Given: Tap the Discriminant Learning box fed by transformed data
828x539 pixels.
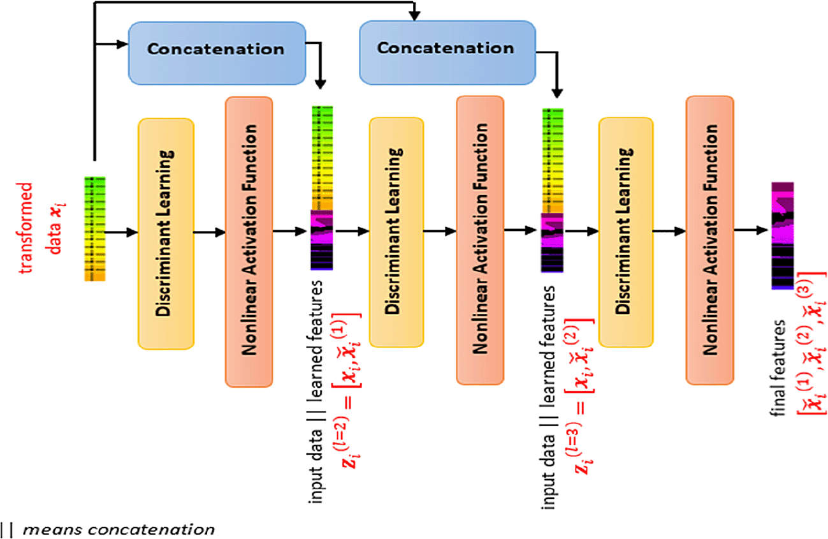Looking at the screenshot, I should [166, 233].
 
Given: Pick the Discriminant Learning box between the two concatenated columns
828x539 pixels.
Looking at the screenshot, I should [396, 232].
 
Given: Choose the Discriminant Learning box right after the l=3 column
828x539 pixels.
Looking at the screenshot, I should [626, 232].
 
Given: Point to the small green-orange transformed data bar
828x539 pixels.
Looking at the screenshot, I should [94, 229].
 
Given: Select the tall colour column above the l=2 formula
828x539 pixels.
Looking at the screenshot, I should [322, 188].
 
